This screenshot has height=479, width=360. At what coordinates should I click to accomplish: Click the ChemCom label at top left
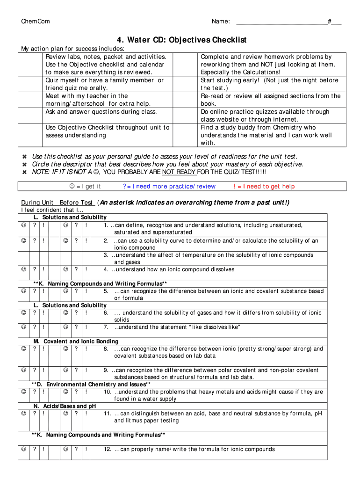[36, 22]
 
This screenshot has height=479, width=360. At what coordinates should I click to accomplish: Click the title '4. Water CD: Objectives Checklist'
[181, 40]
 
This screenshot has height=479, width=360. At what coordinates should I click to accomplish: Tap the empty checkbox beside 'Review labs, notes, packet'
[31, 64]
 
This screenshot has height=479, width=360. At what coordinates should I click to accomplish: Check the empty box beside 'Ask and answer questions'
[31, 112]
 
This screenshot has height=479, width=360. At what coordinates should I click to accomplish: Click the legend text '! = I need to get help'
[264, 186]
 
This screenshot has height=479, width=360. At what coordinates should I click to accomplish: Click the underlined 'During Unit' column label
[37, 203]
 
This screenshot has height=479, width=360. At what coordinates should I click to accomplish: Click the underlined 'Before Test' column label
[76, 203]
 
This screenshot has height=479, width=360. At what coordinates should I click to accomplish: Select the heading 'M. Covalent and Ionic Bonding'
[76, 341]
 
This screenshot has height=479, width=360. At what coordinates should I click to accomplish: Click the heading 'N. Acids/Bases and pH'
[65, 406]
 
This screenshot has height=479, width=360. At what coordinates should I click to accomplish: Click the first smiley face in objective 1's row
[23, 225]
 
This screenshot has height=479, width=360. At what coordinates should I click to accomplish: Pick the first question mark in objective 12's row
[35, 450]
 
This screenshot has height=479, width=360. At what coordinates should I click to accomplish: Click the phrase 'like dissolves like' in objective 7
[214, 327]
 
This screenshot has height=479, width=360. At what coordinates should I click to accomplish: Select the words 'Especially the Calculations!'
[240, 72]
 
